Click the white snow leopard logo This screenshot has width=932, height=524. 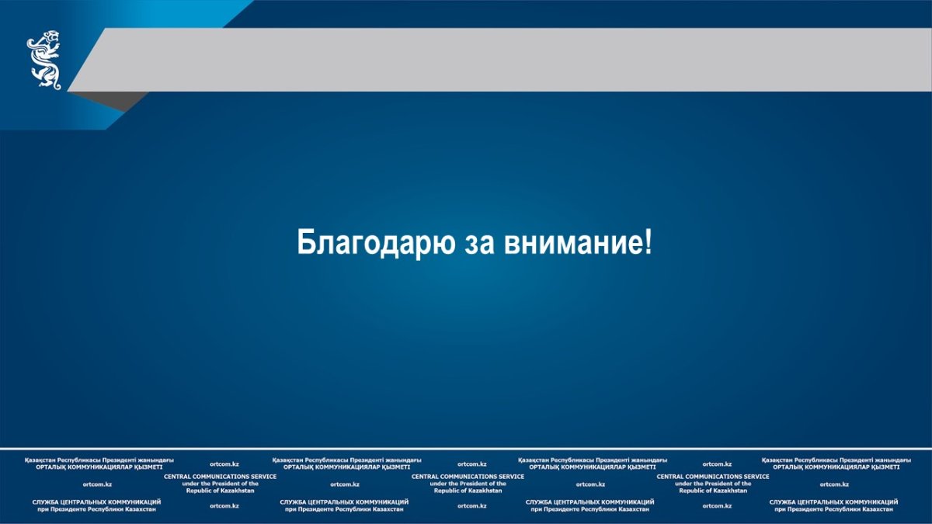[44, 60]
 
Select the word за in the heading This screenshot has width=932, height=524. [479, 245]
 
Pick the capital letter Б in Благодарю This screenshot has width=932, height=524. [305, 241]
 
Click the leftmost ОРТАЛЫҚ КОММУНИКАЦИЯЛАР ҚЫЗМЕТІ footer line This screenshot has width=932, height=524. [99, 467]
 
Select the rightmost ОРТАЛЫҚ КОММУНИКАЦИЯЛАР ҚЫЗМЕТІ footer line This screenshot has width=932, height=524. [836, 467]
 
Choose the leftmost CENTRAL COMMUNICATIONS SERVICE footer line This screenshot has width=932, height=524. [220, 477]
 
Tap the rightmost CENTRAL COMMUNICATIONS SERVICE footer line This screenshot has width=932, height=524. [713, 477]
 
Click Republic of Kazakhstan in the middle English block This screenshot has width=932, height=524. [468, 491]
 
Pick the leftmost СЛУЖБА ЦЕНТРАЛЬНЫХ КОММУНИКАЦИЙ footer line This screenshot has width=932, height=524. [96, 502]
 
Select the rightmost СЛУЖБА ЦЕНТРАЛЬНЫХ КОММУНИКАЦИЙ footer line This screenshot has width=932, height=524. [834, 502]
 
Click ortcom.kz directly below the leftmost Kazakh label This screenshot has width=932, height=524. [97, 484]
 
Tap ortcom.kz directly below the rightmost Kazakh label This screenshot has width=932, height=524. [834, 484]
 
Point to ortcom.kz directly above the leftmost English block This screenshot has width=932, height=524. [224, 464]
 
